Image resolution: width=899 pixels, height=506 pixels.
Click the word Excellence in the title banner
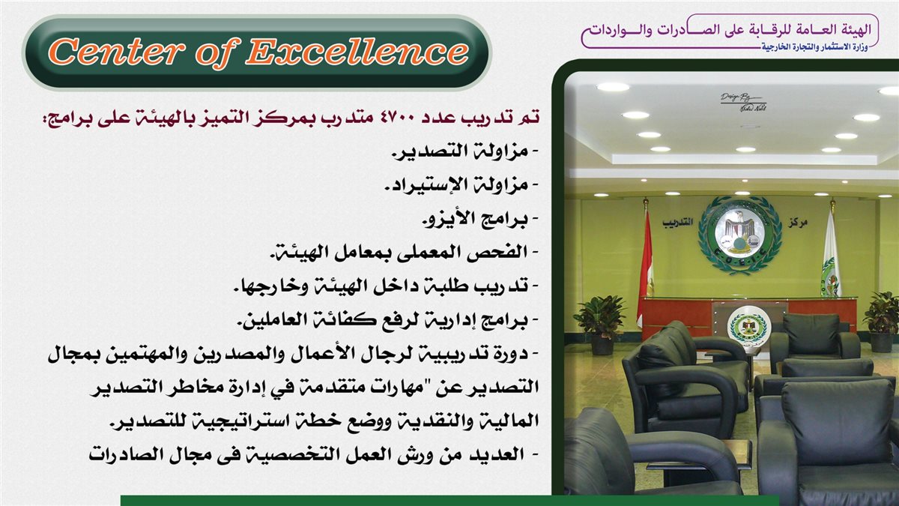[357, 52]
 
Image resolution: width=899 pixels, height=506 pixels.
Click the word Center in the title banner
[116, 52]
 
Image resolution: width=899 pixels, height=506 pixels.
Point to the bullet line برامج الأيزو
[480, 219]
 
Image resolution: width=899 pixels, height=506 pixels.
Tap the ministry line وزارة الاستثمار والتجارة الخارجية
[815, 47]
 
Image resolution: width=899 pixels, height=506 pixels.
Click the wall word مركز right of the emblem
[797, 223]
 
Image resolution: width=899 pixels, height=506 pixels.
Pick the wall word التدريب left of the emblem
[677, 222]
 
